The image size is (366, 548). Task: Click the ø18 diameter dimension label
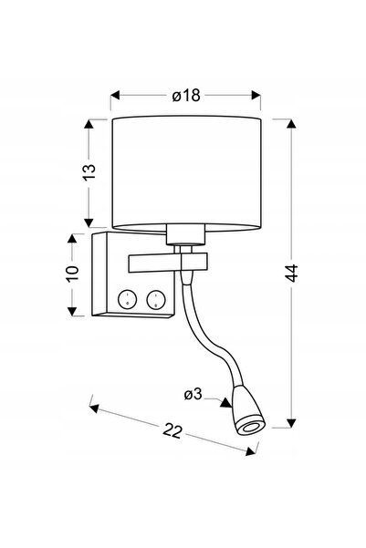pyautogui.click(x=186, y=95)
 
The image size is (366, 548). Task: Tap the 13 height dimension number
pyautogui.click(x=89, y=172)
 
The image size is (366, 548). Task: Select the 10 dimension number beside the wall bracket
pyautogui.click(x=72, y=274)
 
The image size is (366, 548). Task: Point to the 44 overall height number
pyautogui.click(x=291, y=273)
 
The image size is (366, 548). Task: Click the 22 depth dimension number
pyautogui.click(x=173, y=431)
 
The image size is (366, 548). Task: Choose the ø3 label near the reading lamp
pyautogui.click(x=193, y=395)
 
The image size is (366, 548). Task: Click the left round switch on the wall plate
pyautogui.click(x=127, y=300)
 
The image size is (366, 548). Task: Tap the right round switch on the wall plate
pyautogui.click(x=156, y=300)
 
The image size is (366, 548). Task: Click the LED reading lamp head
pyautogui.click(x=248, y=410)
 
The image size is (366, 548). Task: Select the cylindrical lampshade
pyautogui.click(x=186, y=173)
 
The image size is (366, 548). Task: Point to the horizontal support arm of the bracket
pyautogui.click(x=168, y=263)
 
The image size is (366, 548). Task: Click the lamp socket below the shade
pyautogui.click(x=184, y=234)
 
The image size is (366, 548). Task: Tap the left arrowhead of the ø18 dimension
pyautogui.click(x=115, y=95)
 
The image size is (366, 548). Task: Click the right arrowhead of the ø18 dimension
pyautogui.click(x=256, y=95)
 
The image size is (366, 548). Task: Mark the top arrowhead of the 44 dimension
pyautogui.click(x=291, y=124)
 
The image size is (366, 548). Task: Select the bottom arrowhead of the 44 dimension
pyautogui.click(x=291, y=423)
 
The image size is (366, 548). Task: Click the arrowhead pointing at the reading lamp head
pyautogui.click(x=226, y=403)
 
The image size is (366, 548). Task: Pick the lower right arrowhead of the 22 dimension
pyautogui.click(x=250, y=451)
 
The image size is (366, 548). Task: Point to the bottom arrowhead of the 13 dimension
pyautogui.click(x=89, y=222)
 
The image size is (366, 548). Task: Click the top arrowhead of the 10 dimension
pyautogui.click(x=72, y=239)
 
